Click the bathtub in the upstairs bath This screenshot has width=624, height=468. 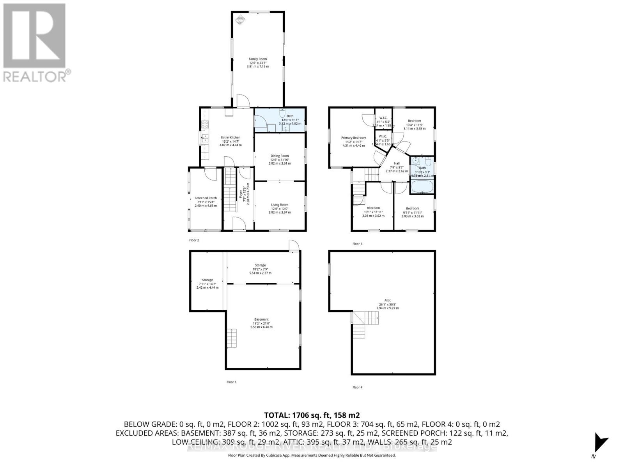point(422,186)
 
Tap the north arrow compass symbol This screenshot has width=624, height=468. point(599,443)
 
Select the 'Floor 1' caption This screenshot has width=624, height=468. point(231,382)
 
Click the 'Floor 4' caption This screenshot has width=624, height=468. point(357,387)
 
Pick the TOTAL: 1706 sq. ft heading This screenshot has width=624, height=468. point(312,415)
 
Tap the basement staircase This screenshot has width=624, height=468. point(231,338)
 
